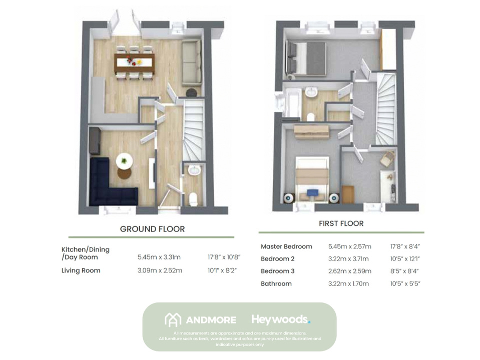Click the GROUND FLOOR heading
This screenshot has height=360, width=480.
[152, 229]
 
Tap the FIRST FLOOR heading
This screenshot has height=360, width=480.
[341, 223]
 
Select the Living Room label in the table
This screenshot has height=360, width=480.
[81, 270]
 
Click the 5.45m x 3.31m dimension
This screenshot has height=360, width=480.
[159, 257]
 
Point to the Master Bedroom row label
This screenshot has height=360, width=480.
[286, 246]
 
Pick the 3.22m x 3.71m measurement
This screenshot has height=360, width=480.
[348, 259]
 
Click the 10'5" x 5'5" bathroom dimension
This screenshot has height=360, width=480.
[405, 283]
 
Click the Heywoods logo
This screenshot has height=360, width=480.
[280, 319]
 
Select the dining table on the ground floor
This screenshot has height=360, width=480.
[134, 62]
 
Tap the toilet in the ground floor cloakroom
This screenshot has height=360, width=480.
[194, 198]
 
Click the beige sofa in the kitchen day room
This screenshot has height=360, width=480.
[191, 62]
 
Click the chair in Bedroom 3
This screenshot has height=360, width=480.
[387, 159]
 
